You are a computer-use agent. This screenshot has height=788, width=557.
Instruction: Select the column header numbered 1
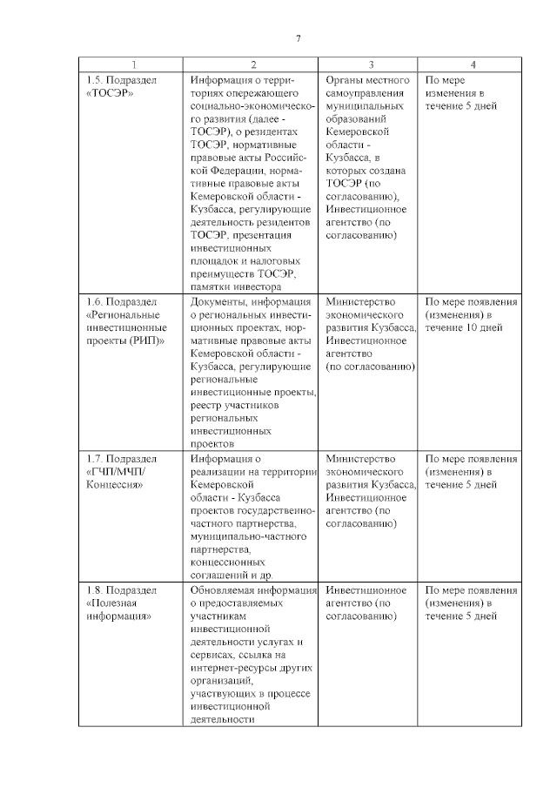pyautogui.click(x=133, y=64)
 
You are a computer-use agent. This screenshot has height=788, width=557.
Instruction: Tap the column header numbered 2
pyautogui.click(x=253, y=64)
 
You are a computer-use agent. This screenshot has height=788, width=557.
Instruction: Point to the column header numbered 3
pyautogui.click(x=371, y=64)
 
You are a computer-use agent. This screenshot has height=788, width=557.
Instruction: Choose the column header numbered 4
pyautogui.click(x=473, y=64)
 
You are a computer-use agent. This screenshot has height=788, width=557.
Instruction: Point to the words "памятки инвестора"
pyautogui.click(x=235, y=286)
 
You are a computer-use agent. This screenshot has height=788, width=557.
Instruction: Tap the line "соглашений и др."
pyautogui.click(x=231, y=576)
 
